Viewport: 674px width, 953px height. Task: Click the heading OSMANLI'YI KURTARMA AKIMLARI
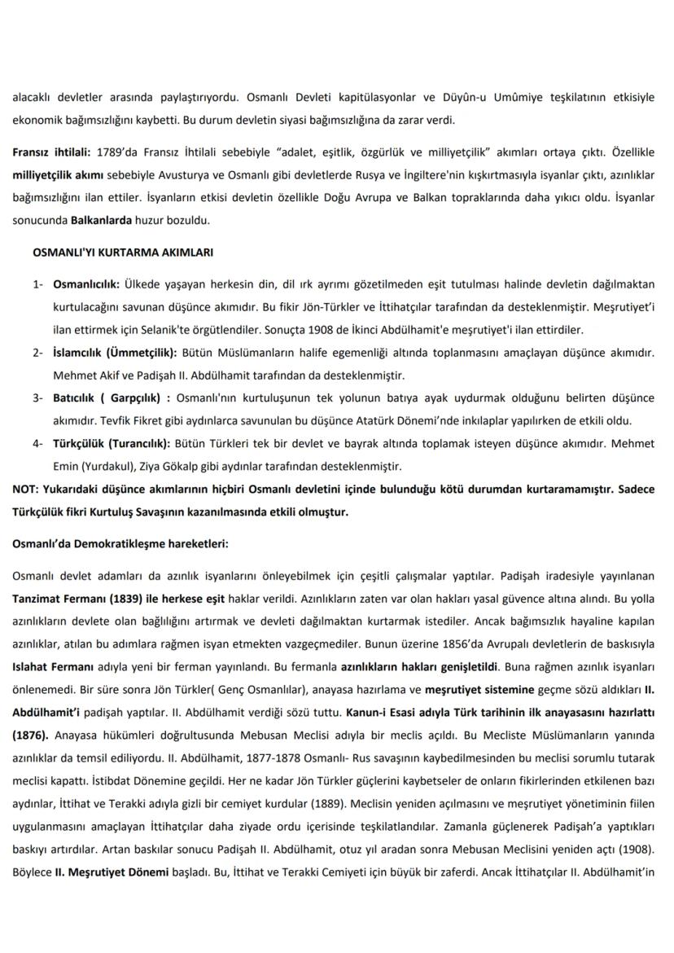click(x=122, y=253)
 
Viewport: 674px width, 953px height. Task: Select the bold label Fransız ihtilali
click(x=51, y=153)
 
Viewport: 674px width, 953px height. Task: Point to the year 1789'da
click(x=116, y=153)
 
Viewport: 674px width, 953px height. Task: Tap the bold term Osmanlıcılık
click(x=85, y=285)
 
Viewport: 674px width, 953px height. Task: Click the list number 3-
click(x=38, y=398)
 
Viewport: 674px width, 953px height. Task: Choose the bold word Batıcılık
click(x=80, y=398)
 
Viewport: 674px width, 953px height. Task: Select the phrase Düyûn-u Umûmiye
click(x=466, y=98)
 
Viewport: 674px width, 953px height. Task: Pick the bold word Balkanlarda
click(x=102, y=220)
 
